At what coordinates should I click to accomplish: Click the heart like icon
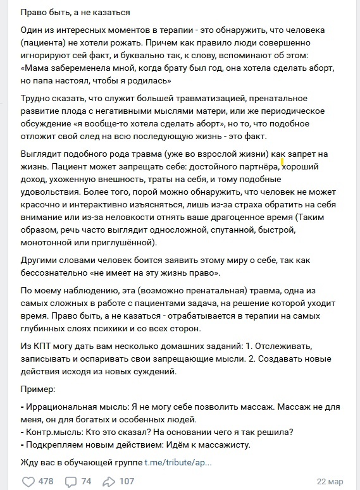28,481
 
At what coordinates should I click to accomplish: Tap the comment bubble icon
71,481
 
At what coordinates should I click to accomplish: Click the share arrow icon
109,481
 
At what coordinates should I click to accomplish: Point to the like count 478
46,481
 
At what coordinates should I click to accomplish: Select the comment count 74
86,481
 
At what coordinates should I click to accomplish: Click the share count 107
127,481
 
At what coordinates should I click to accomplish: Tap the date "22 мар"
330,481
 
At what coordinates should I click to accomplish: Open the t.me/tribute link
178,462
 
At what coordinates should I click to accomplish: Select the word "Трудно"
37,99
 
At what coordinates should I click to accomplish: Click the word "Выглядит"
41,155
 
